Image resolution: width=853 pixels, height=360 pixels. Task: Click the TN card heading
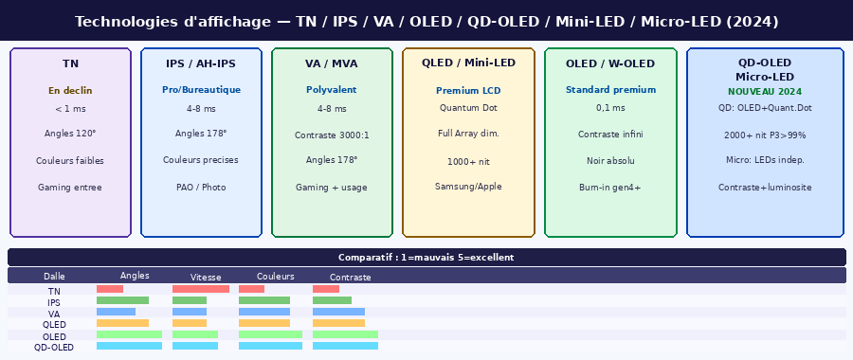pos(70,63)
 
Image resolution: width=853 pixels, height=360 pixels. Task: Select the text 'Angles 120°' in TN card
pos(70,134)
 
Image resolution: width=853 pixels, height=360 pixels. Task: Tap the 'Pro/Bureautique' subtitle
pos(201,90)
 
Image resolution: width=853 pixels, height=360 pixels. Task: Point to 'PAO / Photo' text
pos(201,187)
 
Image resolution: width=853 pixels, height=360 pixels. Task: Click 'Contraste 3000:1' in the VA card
pos(332,135)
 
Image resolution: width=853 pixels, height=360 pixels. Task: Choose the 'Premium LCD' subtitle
pos(468,91)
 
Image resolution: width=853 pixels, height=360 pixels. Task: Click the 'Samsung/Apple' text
pos(468,187)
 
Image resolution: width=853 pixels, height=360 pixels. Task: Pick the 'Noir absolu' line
pos(610,161)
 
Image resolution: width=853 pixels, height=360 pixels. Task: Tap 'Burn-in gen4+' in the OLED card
pos(610,188)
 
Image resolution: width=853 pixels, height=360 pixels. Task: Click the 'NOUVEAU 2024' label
pos(765,92)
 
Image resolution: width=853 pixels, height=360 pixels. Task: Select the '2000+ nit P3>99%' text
pos(765,135)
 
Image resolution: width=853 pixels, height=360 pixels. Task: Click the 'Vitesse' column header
pos(206,278)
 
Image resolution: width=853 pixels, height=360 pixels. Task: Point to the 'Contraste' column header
pos(351,278)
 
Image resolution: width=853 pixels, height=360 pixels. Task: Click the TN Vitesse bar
pos(201,289)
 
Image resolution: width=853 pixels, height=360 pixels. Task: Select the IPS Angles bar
pos(122,300)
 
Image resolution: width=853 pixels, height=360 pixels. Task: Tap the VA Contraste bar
pos(338,312)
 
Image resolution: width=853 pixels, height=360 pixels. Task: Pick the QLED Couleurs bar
pos(264,323)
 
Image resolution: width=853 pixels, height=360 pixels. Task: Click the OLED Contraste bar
pos(345,334)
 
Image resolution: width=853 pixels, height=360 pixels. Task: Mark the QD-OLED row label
pos(54,348)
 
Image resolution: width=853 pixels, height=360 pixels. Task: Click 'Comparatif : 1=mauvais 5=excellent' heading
pos(426,258)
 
